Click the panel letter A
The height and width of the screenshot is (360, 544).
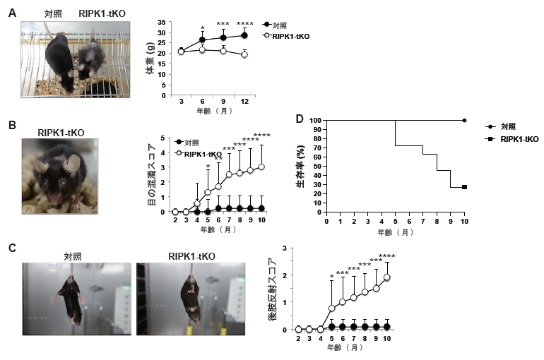click(11, 13)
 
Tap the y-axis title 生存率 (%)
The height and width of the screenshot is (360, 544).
click(300, 170)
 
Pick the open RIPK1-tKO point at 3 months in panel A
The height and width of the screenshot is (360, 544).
click(181, 52)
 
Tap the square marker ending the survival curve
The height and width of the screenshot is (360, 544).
click(464, 187)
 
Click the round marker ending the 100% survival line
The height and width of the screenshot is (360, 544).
click(464, 121)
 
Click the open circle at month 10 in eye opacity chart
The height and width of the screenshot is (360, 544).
click(262, 167)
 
